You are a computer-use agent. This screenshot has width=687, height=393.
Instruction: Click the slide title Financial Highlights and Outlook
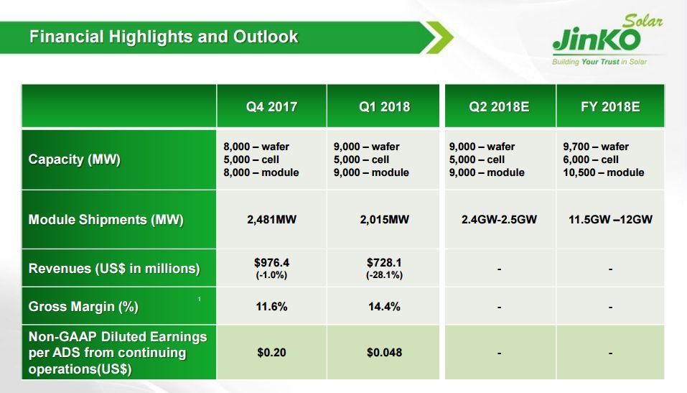(x=164, y=37)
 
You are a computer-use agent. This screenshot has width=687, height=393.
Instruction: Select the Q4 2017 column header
(x=271, y=107)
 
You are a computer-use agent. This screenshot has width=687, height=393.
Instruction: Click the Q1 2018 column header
(x=385, y=107)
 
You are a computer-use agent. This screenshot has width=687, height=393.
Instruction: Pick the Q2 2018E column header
(x=499, y=107)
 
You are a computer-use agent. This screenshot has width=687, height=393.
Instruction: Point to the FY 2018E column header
(x=610, y=107)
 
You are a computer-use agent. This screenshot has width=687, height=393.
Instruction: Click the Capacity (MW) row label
(x=74, y=159)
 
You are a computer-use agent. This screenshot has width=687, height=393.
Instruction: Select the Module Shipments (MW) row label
(x=106, y=220)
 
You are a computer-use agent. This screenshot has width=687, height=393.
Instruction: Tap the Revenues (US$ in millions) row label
(x=114, y=269)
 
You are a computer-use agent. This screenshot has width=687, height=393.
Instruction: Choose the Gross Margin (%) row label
(x=83, y=307)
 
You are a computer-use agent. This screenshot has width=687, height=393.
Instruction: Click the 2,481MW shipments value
(x=271, y=220)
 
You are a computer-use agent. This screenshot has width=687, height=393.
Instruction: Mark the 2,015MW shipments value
(x=385, y=220)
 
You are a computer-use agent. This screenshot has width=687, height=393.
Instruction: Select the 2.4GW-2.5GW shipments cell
(x=499, y=220)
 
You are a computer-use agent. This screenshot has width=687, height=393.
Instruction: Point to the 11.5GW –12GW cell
(x=610, y=220)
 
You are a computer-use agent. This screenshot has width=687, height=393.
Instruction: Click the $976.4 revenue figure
(x=271, y=263)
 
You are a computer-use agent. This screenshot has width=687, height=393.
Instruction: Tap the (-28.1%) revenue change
(x=385, y=275)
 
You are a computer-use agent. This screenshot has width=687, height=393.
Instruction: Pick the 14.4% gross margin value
(x=385, y=307)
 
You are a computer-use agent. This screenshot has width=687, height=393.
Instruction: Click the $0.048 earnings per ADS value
(x=385, y=353)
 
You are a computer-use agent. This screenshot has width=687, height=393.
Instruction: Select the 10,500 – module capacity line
(x=604, y=172)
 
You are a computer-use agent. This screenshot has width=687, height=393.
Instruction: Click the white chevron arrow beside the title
(x=437, y=37)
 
